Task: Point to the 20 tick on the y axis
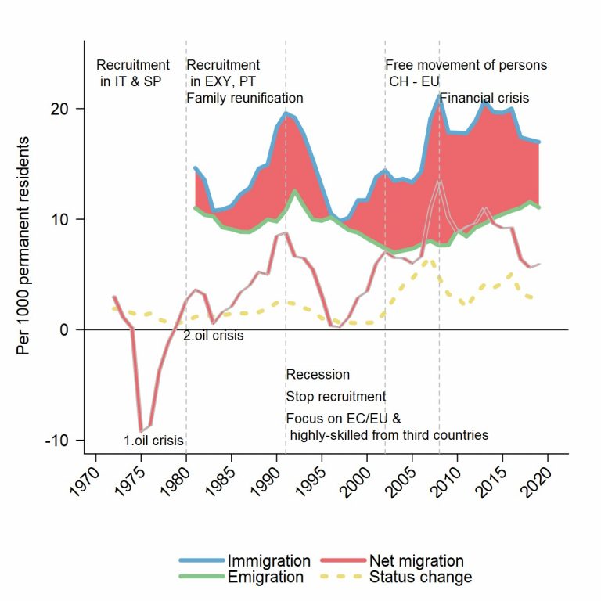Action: (69, 109)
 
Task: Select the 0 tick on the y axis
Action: (73, 329)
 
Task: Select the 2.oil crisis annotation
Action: (214, 336)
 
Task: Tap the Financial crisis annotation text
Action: (484, 99)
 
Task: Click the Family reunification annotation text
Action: (244, 99)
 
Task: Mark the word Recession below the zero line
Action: (318, 375)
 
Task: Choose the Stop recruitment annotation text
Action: (336, 397)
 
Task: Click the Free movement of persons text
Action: (466, 65)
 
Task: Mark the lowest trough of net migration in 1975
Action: (141, 431)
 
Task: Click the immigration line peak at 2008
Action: (439, 95)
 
